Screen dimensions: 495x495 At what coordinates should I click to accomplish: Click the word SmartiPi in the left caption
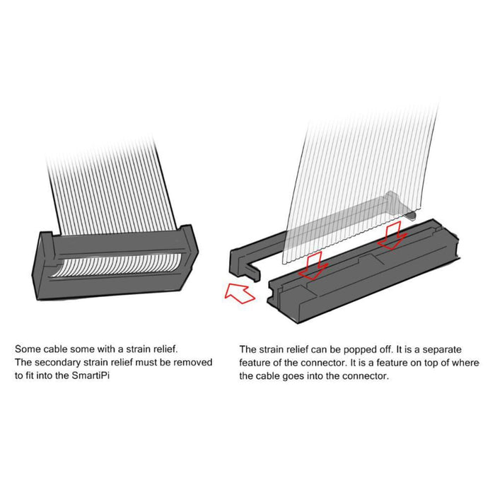pos(91,375)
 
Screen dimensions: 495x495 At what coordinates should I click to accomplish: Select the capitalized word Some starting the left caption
pos(28,349)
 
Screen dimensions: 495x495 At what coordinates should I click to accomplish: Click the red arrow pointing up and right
pos(239,293)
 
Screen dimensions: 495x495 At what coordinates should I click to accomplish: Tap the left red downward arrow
pos(313,266)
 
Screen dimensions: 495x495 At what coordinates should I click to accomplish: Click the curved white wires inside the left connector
pos(117,265)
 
